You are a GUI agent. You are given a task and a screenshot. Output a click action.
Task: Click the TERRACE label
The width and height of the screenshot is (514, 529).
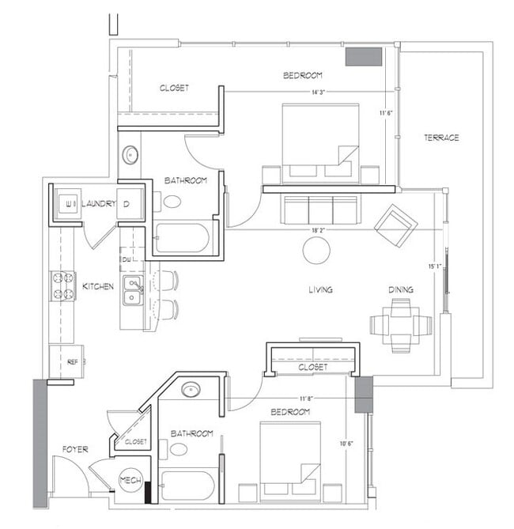(x=440, y=138)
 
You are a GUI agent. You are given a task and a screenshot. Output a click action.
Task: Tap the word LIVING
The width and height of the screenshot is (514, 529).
(x=320, y=290)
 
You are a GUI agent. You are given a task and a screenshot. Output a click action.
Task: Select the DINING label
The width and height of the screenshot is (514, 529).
(x=400, y=290)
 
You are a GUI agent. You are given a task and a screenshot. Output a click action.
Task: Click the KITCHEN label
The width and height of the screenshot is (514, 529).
(x=98, y=285)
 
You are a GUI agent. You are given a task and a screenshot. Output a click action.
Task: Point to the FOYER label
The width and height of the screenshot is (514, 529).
(x=75, y=449)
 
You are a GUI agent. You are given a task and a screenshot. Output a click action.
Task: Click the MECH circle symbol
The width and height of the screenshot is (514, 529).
(x=130, y=480)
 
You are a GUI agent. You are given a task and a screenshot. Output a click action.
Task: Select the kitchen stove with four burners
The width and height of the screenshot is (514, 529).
(x=63, y=285)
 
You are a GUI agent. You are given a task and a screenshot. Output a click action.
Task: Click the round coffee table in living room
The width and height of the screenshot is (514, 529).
(x=316, y=251)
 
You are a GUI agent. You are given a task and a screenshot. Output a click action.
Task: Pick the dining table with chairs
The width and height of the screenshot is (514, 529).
(x=401, y=325)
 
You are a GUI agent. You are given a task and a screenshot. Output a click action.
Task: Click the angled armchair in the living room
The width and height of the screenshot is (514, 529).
(x=395, y=225)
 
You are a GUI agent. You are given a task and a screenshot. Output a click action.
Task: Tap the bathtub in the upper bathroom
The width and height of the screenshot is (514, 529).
(x=181, y=238)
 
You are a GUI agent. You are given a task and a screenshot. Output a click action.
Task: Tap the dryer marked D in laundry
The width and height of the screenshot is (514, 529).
(x=130, y=204)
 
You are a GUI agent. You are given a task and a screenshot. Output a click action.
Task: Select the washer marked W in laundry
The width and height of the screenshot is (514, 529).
(x=66, y=204)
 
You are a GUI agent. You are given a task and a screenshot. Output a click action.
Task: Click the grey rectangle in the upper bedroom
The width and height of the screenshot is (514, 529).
(x=364, y=57)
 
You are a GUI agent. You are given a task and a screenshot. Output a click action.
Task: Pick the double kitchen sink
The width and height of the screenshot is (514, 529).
(x=134, y=291)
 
